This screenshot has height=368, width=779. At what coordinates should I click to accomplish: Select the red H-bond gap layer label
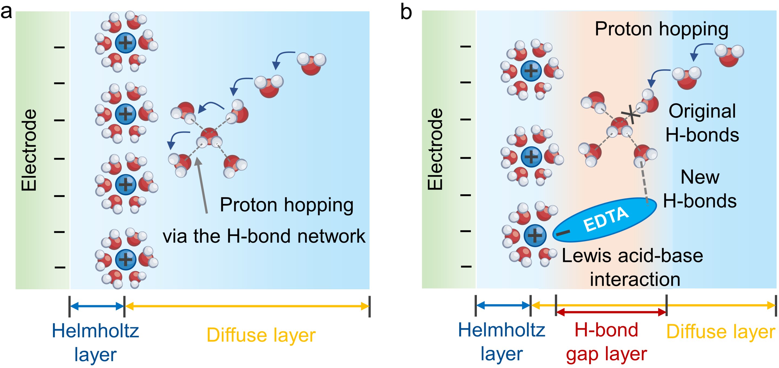pos(606,342)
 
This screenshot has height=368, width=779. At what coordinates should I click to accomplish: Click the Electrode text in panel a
pos(29,150)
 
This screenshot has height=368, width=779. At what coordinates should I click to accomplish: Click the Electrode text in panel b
pos(435,149)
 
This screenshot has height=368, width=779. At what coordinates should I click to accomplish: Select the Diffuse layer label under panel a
pos(261,335)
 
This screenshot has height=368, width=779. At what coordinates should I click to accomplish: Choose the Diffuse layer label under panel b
pos(721,332)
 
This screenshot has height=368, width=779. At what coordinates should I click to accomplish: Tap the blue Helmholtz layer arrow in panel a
pos(97,306)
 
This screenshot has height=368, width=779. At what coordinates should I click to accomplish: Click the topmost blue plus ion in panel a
pos(126,43)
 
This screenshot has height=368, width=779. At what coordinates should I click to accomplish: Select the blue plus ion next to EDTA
pos(535,235)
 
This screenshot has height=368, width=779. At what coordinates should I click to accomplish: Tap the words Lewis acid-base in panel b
pos(632,256)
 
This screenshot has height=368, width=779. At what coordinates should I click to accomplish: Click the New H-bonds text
pos(699,189)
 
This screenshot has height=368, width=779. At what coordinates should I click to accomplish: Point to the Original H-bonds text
pos(702,123)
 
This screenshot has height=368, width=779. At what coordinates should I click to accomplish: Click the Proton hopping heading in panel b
pos(661,29)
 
